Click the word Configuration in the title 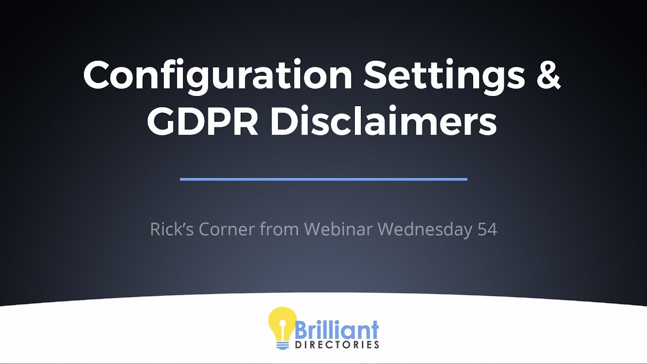(x=218, y=75)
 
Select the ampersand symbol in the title (x=547, y=75)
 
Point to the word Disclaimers (x=383, y=122)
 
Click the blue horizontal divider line (x=323, y=179)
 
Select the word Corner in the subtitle (x=227, y=229)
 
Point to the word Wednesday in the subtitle (x=425, y=229)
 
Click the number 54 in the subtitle (x=487, y=229)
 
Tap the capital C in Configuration (x=98, y=75)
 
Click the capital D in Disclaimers (x=285, y=122)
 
